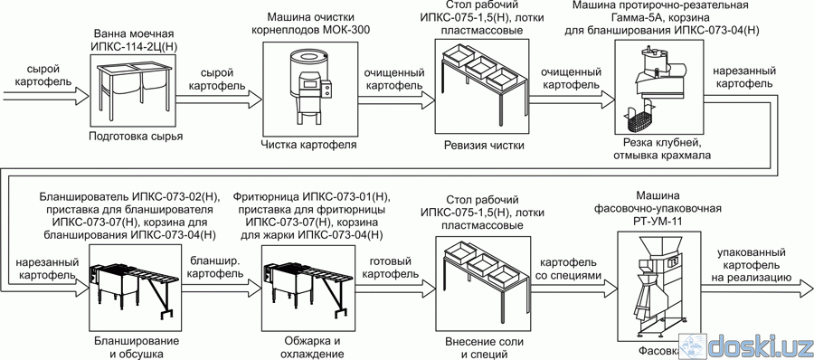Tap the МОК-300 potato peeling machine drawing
point(308,88)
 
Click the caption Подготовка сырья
point(136,137)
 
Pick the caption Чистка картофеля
point(308,145)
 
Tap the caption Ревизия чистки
point(484,146)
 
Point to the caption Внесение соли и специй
point(484,347)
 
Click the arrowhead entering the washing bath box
point(81,96)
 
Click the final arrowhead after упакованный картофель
point(806,289)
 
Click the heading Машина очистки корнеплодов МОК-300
point(310,24)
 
